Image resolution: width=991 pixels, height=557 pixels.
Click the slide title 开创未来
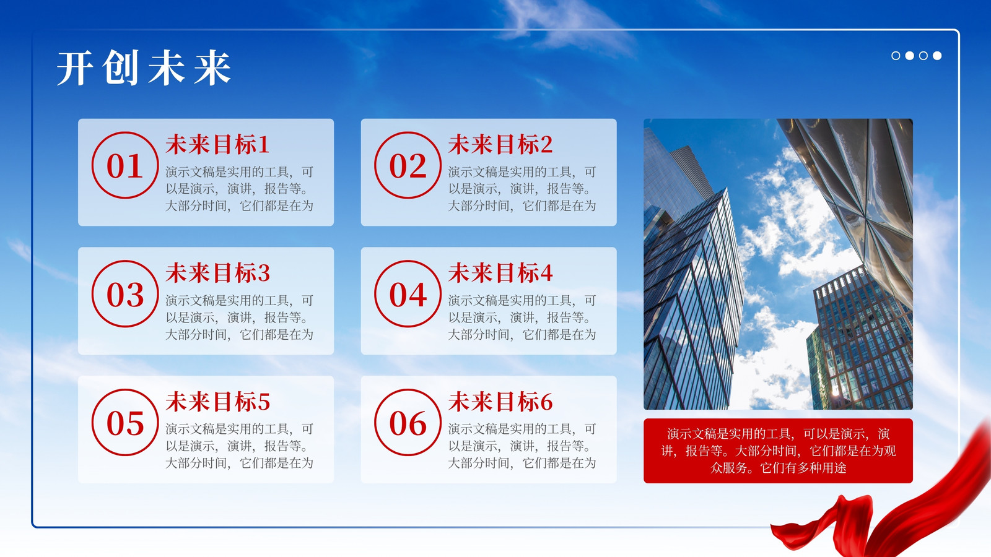(x=144, y=67)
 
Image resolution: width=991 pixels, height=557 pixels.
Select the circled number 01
(x=125, y=165)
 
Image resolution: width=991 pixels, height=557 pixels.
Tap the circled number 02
(x=408, y=165)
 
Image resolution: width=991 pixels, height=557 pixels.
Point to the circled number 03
(x=125, y=294)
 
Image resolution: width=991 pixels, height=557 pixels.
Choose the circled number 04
(x=408, y=294)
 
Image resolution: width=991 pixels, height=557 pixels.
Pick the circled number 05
(x=125, y=423)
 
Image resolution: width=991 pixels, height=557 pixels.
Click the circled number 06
(x=408, y=423)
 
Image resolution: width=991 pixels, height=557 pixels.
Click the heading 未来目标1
(x=217, y=145)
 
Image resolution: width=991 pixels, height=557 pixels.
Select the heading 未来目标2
(x=500, y=145)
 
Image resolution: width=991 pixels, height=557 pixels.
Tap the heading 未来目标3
(x=217, y=273)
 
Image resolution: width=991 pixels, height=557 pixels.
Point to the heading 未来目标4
(x=500, y=273)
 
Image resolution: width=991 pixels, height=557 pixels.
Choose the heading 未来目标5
(x=217, y=402)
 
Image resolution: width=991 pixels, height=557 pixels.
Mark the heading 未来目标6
(x=500, y=402)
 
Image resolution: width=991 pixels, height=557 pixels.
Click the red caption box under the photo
(x=778, y=451)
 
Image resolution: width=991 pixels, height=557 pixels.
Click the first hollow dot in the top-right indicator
(x=896, y=56)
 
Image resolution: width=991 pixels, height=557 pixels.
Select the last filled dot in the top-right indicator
(x=937, y=56)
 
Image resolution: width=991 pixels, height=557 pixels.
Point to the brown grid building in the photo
(x=860, y=340)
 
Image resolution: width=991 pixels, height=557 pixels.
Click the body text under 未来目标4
(x=522, y=317)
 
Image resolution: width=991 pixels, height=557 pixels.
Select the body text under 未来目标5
(x=239, y=446)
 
